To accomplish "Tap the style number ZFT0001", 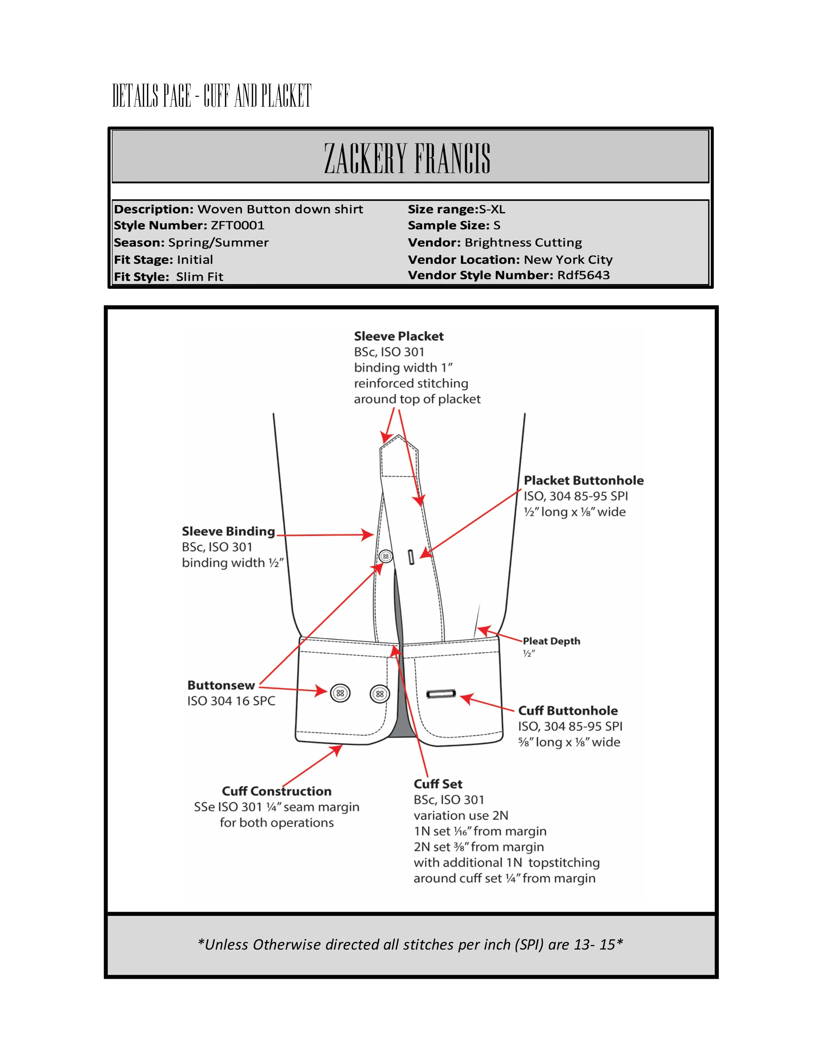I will click(238, 225).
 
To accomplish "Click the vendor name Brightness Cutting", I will click(523, 242).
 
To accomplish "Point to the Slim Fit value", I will click(200, 277).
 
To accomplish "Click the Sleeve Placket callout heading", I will click(398, 336).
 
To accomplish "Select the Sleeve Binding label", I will click(228, 531).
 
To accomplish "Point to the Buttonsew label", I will click(221, 685).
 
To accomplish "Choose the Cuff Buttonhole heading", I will click(568, 711).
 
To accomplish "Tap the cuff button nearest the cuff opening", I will click(379, 694).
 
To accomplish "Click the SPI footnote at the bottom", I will click(410, 945).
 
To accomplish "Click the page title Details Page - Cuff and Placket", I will click(212, 95).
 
